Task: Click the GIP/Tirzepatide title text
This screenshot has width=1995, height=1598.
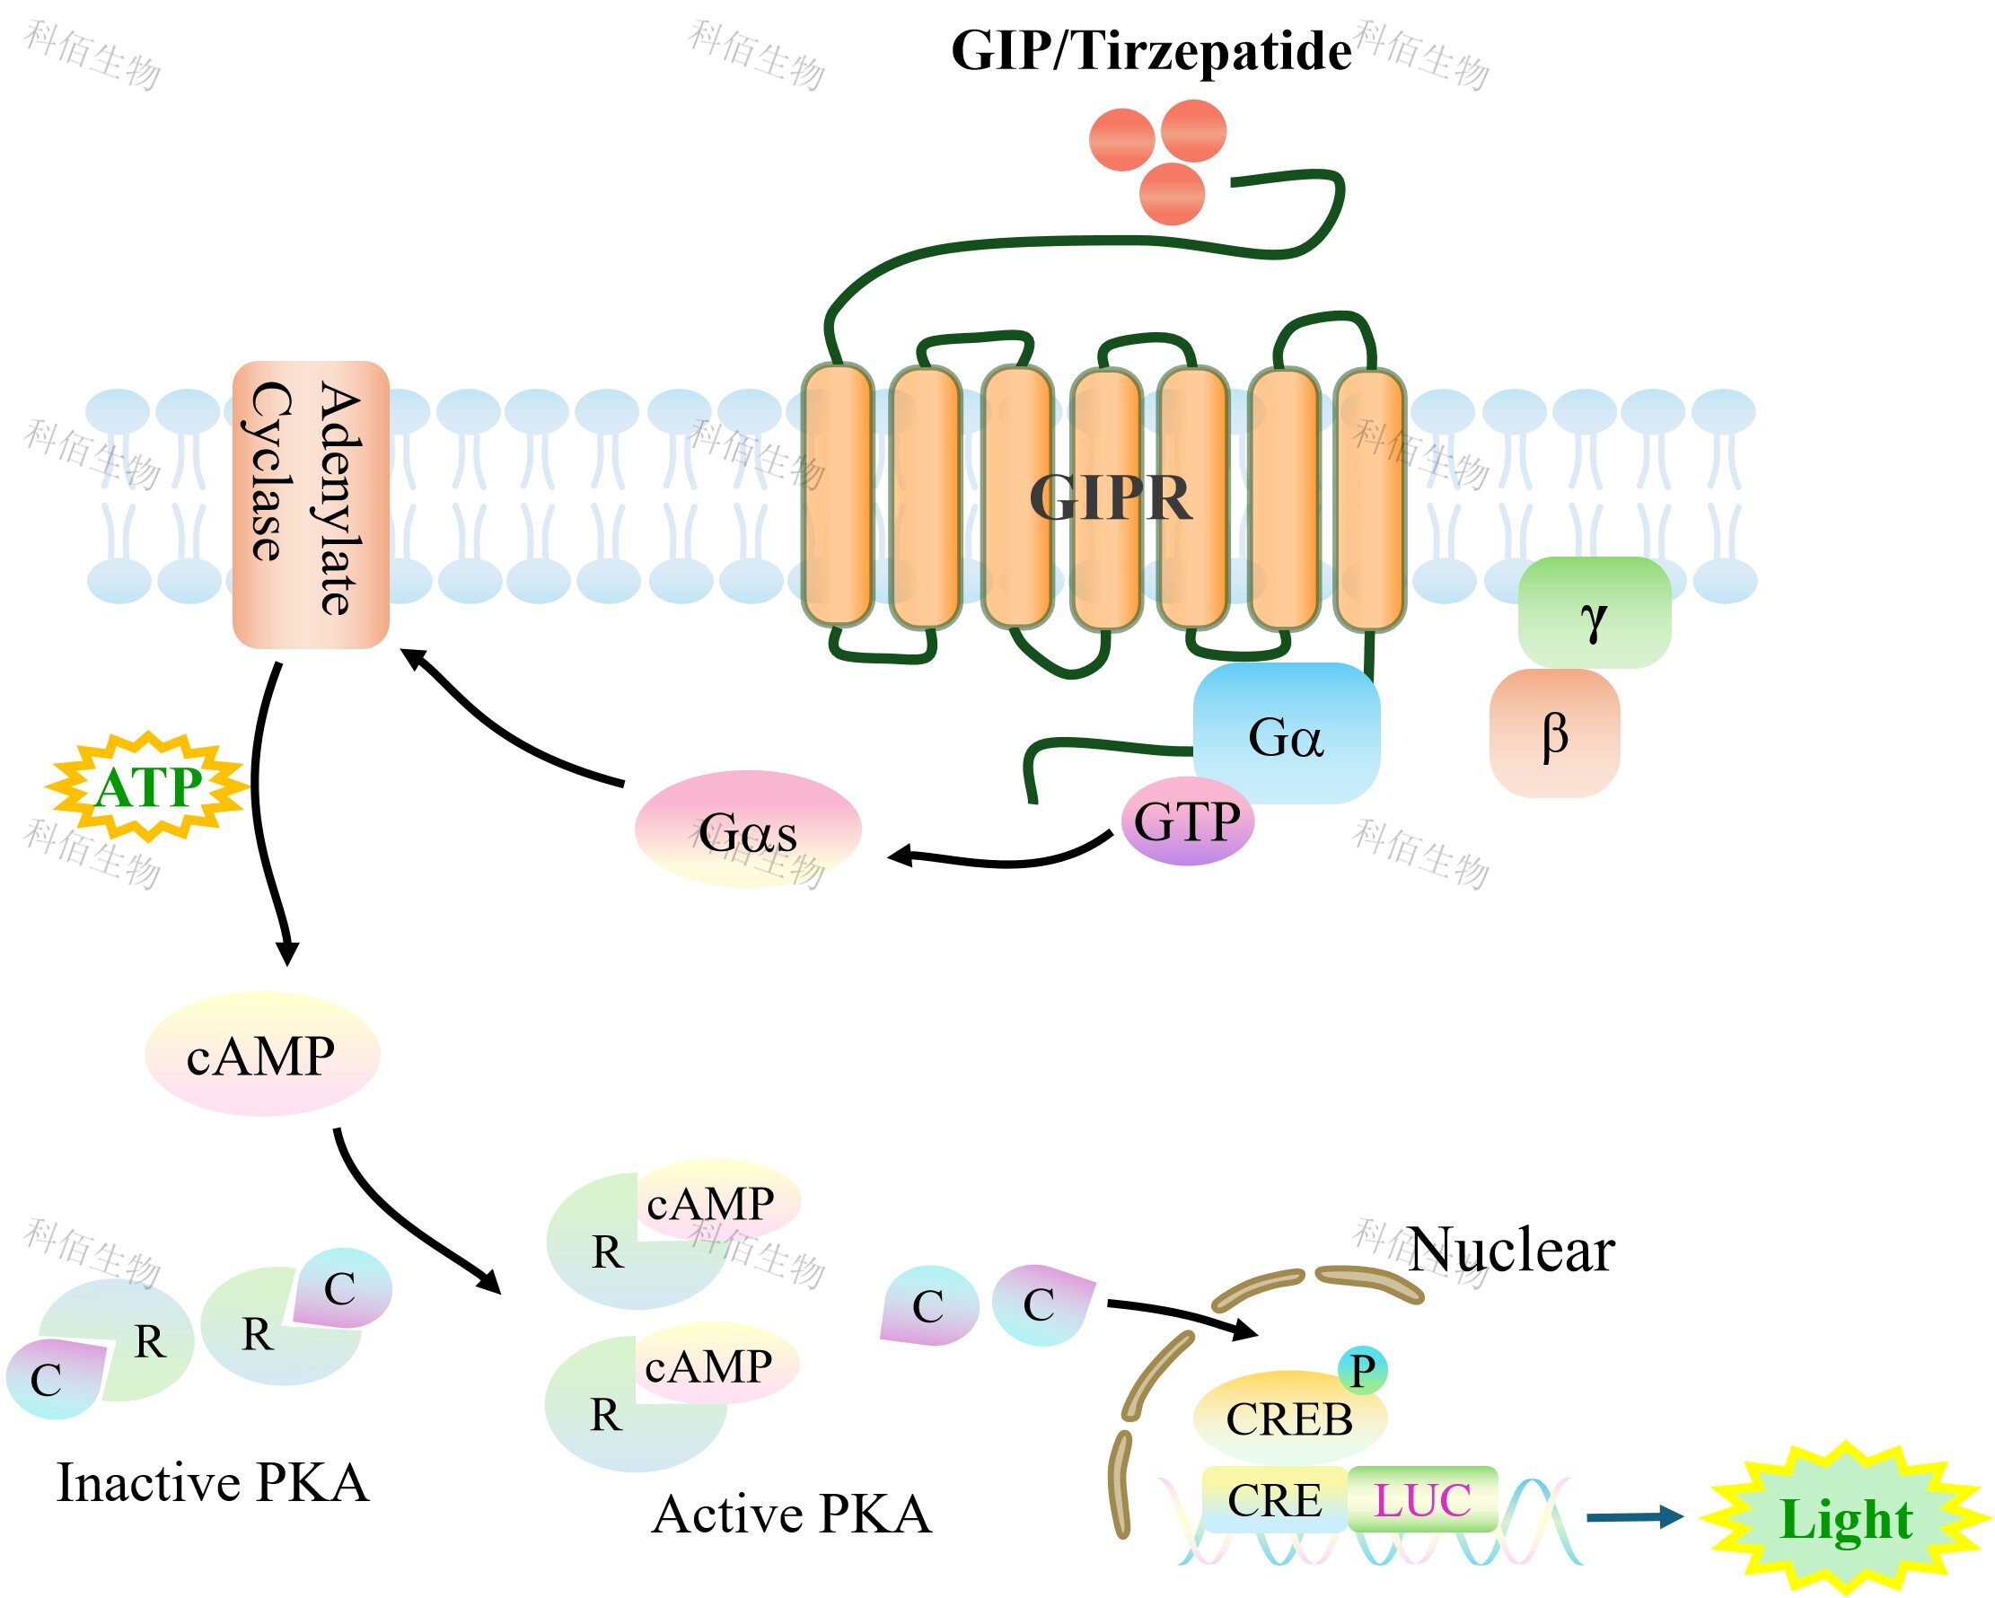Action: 1150,50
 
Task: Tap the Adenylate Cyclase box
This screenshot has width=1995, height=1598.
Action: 310,505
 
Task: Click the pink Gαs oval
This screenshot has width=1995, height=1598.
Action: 748,829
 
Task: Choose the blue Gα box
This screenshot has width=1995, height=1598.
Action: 1287,731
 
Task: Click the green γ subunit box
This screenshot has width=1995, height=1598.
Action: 1594,612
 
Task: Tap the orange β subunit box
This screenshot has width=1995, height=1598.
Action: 1554,733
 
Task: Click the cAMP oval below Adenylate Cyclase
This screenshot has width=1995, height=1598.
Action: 262,1054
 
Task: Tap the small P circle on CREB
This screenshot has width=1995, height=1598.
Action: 1362,1370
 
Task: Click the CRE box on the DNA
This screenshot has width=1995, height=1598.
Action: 1274,1499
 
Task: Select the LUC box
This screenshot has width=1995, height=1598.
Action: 1422,1499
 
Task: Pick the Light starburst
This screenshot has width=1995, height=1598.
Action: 1845,1519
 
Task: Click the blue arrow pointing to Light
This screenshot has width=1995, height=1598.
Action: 1634,1517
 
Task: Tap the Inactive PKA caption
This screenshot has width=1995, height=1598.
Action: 213,1482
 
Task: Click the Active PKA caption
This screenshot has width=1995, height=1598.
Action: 791,1515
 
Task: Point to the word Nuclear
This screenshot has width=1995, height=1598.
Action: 1511,1249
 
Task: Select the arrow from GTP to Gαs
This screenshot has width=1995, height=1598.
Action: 999,858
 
